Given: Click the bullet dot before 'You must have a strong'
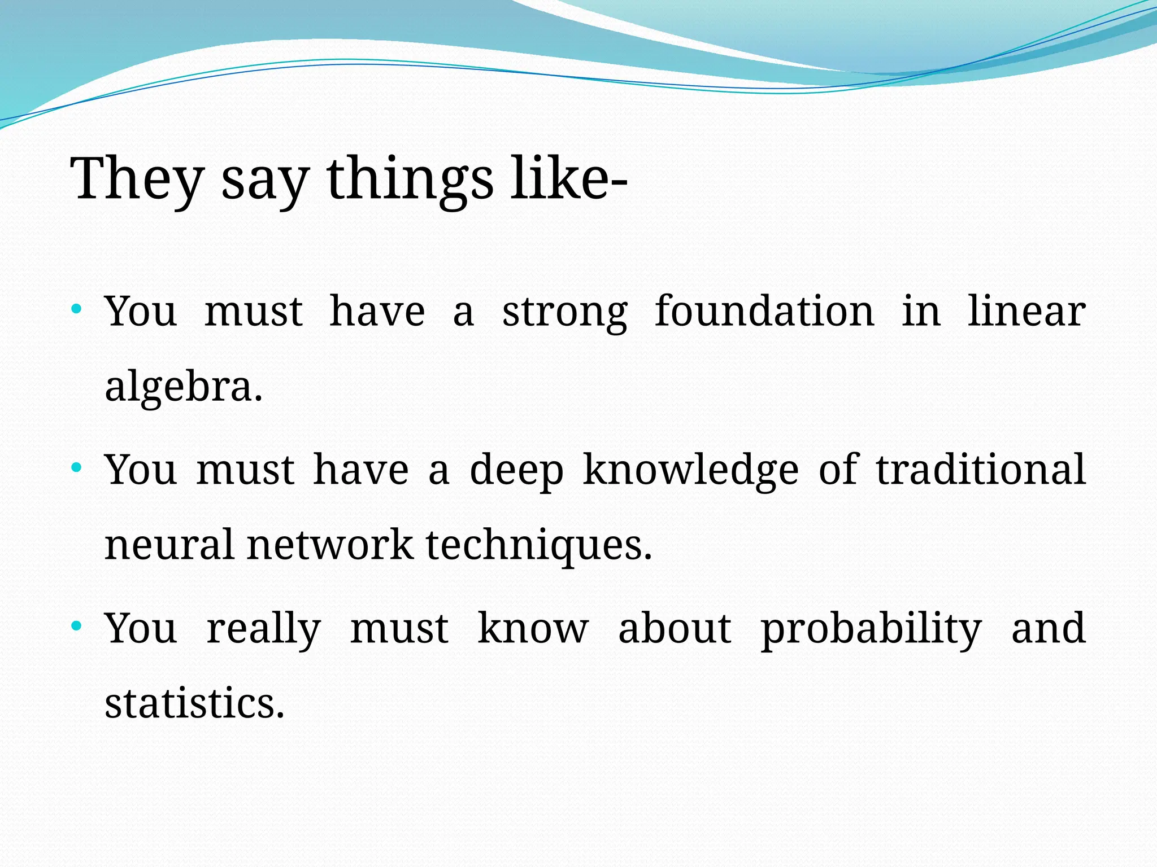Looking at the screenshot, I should (77, 309).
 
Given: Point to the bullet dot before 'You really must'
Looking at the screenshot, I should (77, 626).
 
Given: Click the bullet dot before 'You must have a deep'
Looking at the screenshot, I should (77, 467).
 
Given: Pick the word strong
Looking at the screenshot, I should (564, 312).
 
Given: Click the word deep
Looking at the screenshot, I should (516, 471).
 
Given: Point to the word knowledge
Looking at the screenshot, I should (690, 471).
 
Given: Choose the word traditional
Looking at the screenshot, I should (981, 470).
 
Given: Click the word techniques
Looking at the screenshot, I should (538, 545).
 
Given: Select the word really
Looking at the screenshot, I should (263, 629).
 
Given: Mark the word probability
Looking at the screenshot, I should (871, 629).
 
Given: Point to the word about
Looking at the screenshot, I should (675, 628).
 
